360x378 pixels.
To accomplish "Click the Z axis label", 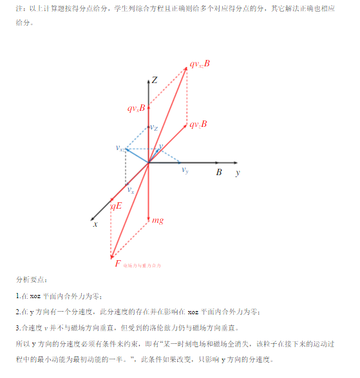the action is coord(155,80).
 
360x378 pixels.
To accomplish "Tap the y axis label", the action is coord(238,173).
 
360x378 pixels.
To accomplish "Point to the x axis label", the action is coord(95,224).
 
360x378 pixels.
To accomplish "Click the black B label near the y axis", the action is coord(219,173).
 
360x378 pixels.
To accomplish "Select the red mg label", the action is coord(157,220).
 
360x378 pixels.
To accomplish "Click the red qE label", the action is coord(117,206).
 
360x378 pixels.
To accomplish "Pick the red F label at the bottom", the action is coord(117,264).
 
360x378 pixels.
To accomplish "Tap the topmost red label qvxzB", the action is coord(200,65).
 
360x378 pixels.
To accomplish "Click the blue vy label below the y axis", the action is coord(185,171).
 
